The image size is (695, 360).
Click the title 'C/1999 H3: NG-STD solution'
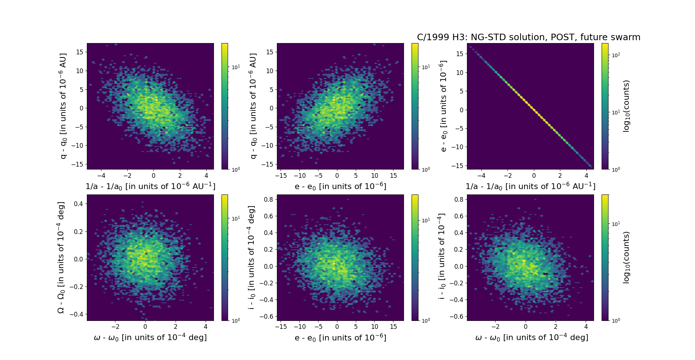pyautogui.click(x=528, y=37)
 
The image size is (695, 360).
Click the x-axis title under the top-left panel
pyautogui.click(x=150, y=186)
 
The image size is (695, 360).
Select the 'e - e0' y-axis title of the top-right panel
pyautogui.click(x=443, y=106)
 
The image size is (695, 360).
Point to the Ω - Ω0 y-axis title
pyautogui.click(x=61, y=258)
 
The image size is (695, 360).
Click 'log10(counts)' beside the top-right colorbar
pyautogui.click(x=626, y=106)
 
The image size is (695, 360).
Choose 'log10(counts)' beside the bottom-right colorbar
pyautogui.click(x=626, y=258)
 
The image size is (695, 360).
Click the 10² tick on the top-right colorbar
pyautogui.click(x=615, y=55)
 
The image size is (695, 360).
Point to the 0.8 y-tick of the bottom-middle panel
pyautogui.click(x=268, y=199)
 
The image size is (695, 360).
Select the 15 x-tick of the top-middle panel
pyautogui.click(x=393, y=176)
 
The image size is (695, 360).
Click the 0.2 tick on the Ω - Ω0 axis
pyautogui.click(x=78, y=231)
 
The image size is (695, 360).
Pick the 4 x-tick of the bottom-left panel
pyautogui.click(x=206, y=327)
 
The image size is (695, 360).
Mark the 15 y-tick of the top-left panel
pyautogui.click(x=80, y=52)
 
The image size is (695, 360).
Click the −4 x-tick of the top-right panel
pyautogui.click(x=481, y=176)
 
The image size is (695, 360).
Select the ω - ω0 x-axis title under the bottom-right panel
pyautogui.click(x=531, y=338)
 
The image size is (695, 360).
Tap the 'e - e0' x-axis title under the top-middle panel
pyautogui.click(x=340, y=186)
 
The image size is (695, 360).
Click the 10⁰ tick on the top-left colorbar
pyautogui.click(x=235, y=169)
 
